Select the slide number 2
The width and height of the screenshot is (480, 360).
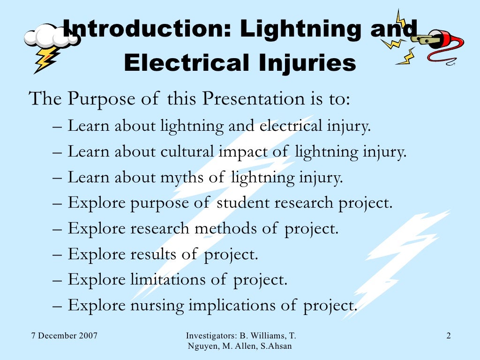(449, 336)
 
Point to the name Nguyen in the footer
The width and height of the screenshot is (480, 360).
(201, 346)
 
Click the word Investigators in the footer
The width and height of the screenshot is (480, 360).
(211, 336)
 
